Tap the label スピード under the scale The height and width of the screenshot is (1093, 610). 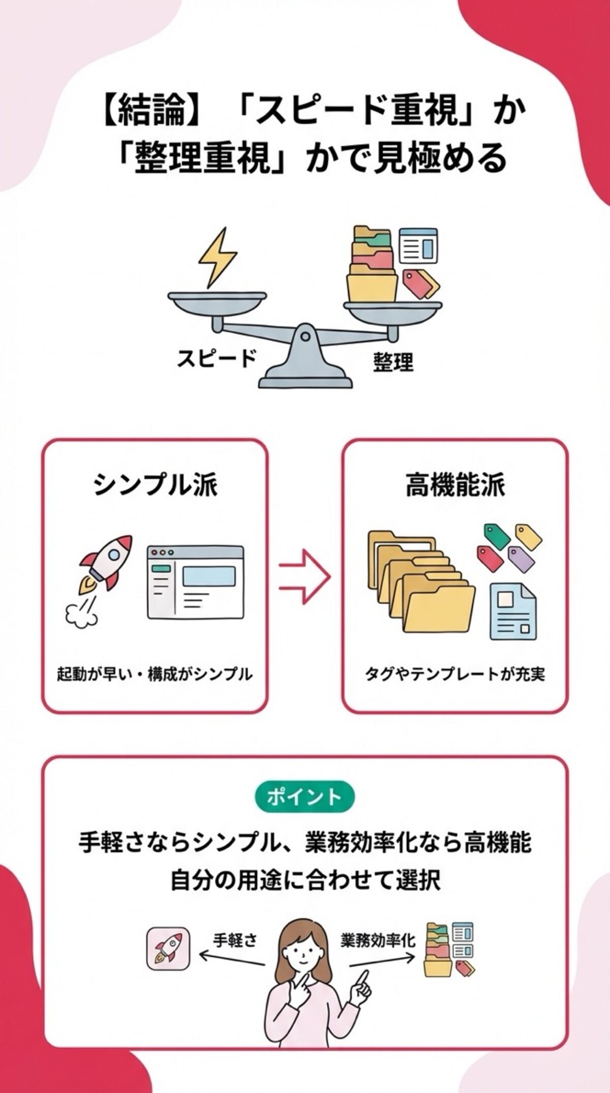[217, 359]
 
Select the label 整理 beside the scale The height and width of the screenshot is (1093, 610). [392, 362]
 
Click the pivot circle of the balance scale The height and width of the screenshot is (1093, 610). [305, 336]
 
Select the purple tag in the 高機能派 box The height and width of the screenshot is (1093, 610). [522, 559]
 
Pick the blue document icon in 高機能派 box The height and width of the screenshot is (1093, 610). [513, 612]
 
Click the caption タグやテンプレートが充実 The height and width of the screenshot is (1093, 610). [455, 674]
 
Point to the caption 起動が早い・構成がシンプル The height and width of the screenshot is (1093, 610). [155, 674]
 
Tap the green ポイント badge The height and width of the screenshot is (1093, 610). [304, 796]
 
